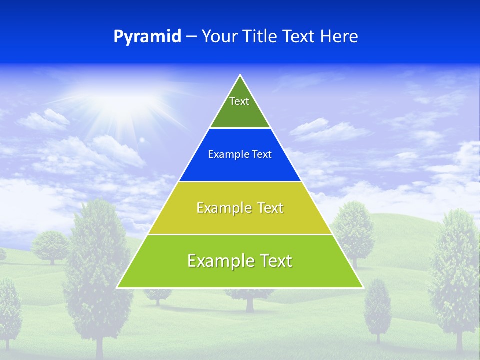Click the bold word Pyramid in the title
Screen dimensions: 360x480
[x=147, y=37]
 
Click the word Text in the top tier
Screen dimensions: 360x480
[x=239, y=101]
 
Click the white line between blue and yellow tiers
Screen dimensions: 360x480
[x=240, y=181]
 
